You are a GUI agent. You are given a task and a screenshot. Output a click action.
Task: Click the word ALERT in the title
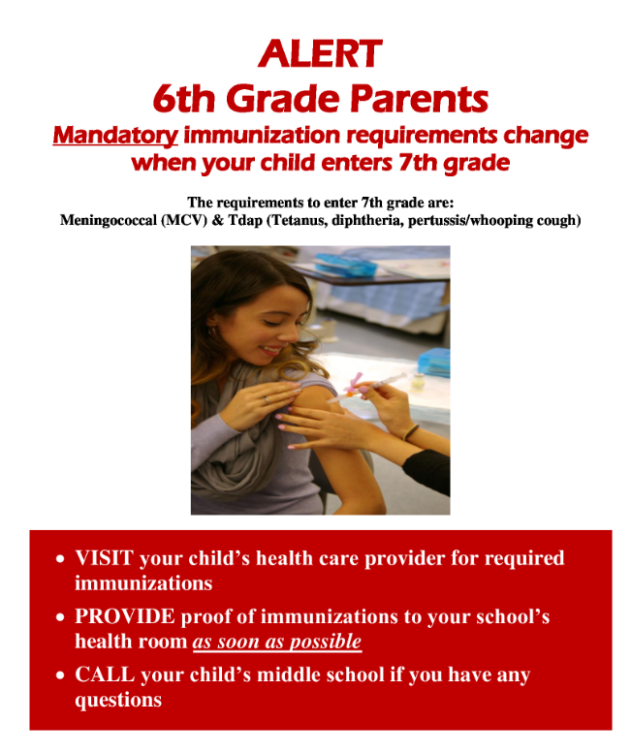320,53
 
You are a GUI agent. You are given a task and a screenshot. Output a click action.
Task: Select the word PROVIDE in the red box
125,616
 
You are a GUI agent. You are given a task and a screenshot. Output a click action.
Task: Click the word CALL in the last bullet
103,675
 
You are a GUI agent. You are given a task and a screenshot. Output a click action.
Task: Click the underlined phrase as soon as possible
277,642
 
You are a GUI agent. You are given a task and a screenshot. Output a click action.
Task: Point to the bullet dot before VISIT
61,560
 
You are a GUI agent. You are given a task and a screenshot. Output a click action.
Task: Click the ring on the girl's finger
267,398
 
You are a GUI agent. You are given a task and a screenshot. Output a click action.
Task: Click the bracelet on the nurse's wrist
413,432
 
